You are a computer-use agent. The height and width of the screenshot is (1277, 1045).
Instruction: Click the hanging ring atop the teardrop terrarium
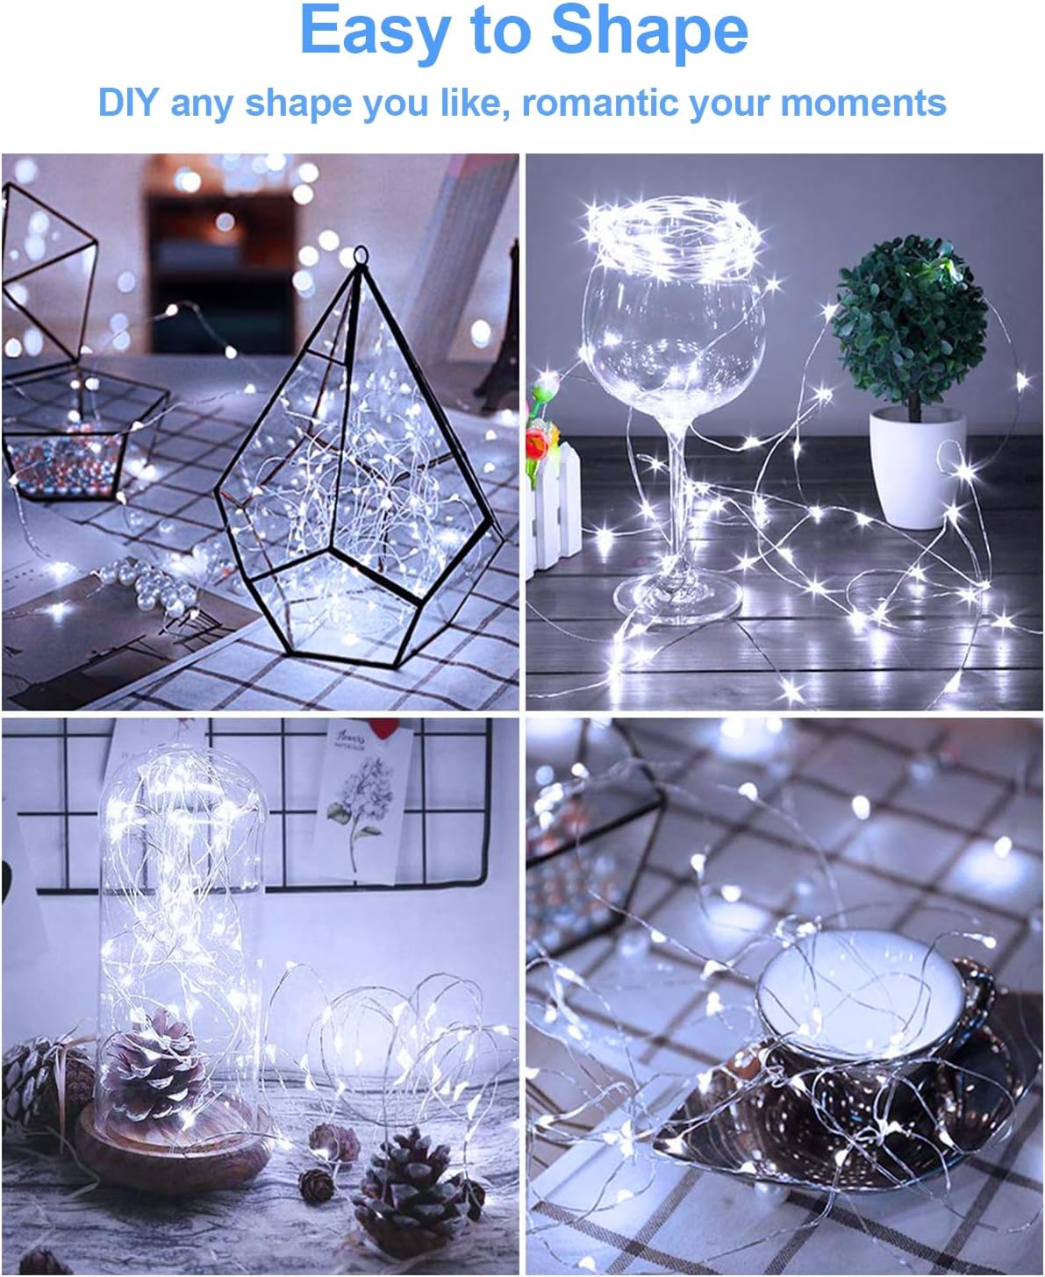[x=360, y=256]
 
